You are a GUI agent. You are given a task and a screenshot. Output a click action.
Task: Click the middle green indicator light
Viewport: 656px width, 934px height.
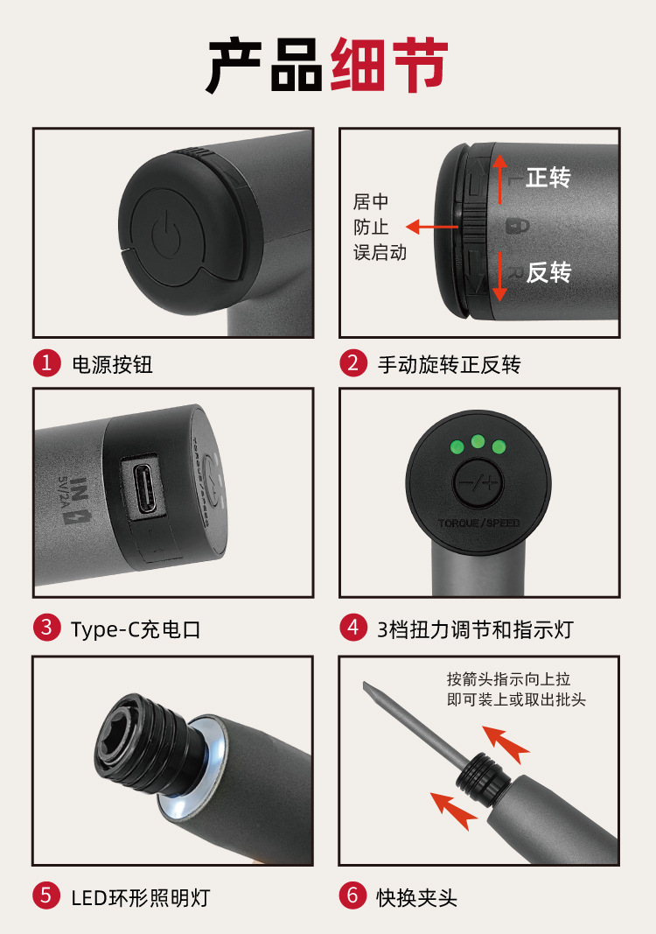tap(478, 441)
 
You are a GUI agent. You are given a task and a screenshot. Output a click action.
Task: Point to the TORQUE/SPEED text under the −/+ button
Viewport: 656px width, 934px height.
tap(478, 523)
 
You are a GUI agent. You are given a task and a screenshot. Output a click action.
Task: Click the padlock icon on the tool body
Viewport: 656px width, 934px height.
tap(517, 226)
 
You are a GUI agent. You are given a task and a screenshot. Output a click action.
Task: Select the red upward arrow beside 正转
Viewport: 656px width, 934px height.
tap(499, 179)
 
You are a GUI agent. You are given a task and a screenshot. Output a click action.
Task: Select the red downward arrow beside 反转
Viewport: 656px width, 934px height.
tap(499, 277)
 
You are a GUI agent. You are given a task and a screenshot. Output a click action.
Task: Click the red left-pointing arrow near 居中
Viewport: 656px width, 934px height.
tap(432, 227)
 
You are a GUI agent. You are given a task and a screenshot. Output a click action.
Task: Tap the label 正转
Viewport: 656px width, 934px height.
tap(548, 178)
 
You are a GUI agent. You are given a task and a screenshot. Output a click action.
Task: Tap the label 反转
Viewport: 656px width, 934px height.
tap(548, 272)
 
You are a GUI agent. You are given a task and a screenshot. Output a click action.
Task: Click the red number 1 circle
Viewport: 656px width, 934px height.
tap(47, 362)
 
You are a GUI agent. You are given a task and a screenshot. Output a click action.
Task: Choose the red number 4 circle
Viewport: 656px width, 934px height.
tap(353, 628)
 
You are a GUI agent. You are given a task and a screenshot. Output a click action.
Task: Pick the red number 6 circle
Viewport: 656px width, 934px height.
tap(353, 895)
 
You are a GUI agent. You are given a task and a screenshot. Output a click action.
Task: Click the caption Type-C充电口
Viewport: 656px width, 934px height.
tap(135, 629)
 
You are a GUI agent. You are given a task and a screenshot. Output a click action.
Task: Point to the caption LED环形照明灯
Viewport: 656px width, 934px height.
tap(141, 897)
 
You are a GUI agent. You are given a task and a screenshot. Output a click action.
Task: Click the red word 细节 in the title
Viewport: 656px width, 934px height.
tap(389, 64)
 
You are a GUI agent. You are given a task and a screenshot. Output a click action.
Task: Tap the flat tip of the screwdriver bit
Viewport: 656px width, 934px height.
tap(366, 687)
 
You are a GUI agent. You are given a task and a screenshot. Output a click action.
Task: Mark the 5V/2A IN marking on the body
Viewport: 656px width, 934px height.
tap(73, 500)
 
